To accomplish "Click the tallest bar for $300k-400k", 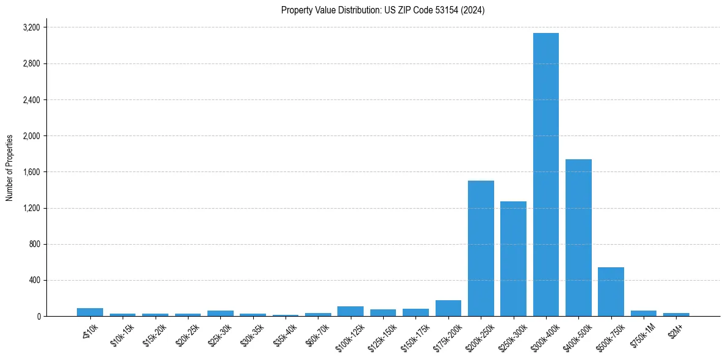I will [545, 175].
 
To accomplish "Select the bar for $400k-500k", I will [578, 238].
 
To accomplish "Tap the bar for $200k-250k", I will [481, 248].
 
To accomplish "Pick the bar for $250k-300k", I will [513, 259].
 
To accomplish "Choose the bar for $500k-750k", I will [611, 292].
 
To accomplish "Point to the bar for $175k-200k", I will [448, 309].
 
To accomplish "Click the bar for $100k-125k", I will [350, 311].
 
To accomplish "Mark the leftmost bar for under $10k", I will [90, 312].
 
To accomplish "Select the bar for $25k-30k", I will [220, 314].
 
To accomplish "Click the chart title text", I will [383, 10].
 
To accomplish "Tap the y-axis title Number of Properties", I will [10, 168].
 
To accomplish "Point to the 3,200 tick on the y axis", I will [31, 27].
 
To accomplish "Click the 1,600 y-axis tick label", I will [31, 172].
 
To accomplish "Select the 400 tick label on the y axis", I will [34, 281].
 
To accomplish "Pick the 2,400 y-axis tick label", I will [31, 100].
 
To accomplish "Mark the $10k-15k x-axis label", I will [121, 332].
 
